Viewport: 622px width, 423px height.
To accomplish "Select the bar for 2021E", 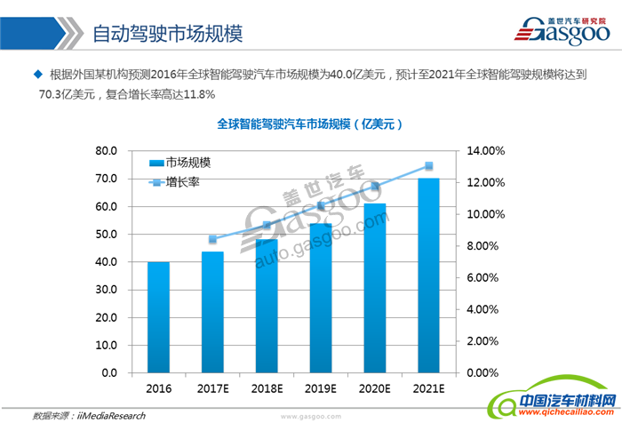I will [428, 275].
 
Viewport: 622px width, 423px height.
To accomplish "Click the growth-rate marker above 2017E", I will [212, 239].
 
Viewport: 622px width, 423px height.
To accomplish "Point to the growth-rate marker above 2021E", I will [428, 166].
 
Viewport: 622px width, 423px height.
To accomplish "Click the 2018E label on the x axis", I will [267, 388].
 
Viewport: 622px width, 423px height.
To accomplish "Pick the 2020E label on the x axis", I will [374, 388].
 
